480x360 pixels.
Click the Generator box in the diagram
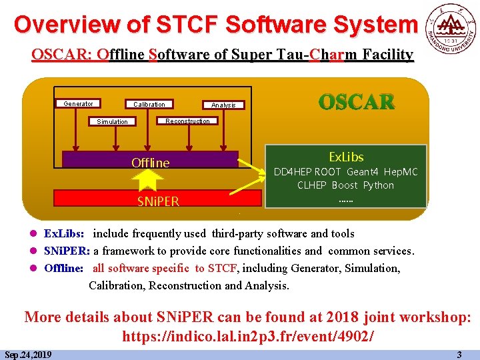pyautogui.click(x=78, y=104)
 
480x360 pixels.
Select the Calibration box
pyautogui.click(x=149, y=104)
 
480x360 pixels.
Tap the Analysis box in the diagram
pyautogui.click(x=223, y=105)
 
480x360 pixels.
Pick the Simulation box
pyautogui.click(x=112, y=121)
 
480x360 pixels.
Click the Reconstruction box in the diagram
pyautogui.click(x=187, y=121)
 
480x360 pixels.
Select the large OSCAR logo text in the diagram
pyautogui.click(x=356, y=103)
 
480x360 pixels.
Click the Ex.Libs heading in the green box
pyautogui.click(x=346, y=157)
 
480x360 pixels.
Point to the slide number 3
pyautogui.click(x=459, y=355)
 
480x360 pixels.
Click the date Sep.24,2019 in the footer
pyautogui.click(x=29, y=355)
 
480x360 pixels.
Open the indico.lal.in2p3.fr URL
pyautogui.click(x=247, y=335)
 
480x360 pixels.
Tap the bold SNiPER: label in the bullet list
pyautogui.click(x=67, y=251)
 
